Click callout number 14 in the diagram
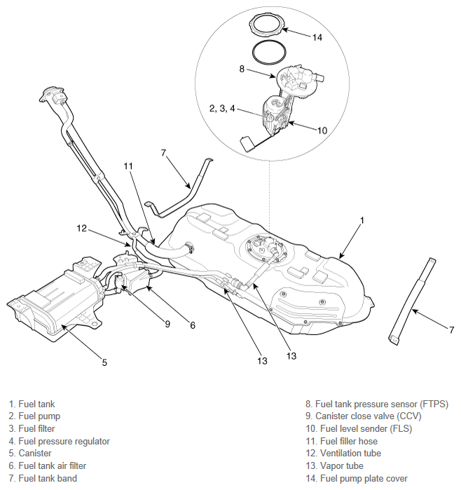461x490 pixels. (x=317, y=38)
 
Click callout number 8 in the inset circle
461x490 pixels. (x=242, y=69)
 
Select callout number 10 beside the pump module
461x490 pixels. (x=322, y=130)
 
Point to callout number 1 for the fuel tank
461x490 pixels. (x=362, y=220)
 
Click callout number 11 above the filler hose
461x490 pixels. (x=128, y=166)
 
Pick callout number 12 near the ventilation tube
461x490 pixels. (x=82, y=228)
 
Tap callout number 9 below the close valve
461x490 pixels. (x=168, y=324)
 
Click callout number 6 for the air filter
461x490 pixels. (x=193, y=325)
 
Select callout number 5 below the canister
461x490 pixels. (x=104, y=362)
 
